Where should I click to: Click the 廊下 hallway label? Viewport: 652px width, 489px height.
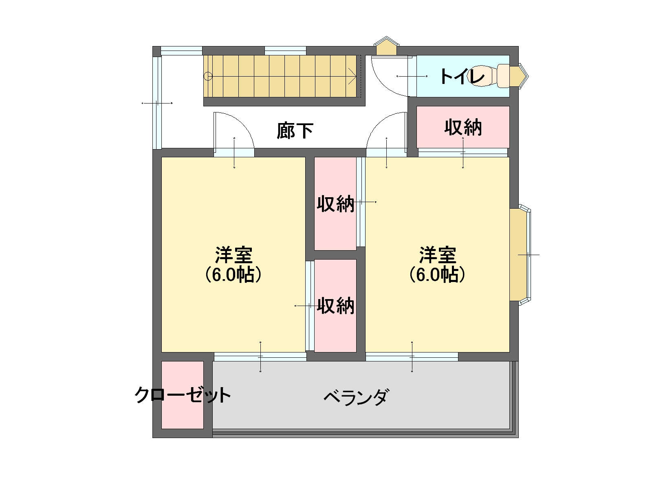(x=295, y=131)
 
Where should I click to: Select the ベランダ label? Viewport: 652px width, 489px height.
(x=356, y=396)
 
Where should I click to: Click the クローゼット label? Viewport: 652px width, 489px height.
(x=183, y=395)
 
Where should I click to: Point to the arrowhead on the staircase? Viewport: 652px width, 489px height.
(x=352, y=76)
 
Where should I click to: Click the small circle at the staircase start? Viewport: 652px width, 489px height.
(x=208, y=76)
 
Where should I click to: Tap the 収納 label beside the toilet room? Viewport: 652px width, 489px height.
(x=463, y=128)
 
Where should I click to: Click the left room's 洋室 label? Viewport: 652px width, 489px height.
(x=234, y=255)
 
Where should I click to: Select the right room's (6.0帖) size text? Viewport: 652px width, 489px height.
(x=437, y=275)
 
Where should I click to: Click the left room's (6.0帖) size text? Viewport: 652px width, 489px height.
(x=233, y=275)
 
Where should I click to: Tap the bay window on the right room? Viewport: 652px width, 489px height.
(x=520, y=254)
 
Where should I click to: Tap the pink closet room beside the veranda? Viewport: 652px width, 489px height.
(x=183, y=395)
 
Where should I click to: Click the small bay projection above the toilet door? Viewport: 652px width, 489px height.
(x=386, y=46)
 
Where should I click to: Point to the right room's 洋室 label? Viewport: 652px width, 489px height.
(x=438, y=255)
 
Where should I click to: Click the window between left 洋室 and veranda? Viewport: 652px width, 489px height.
(x=260, y=357)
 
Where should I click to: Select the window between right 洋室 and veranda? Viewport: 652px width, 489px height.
(x=412, y=357)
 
